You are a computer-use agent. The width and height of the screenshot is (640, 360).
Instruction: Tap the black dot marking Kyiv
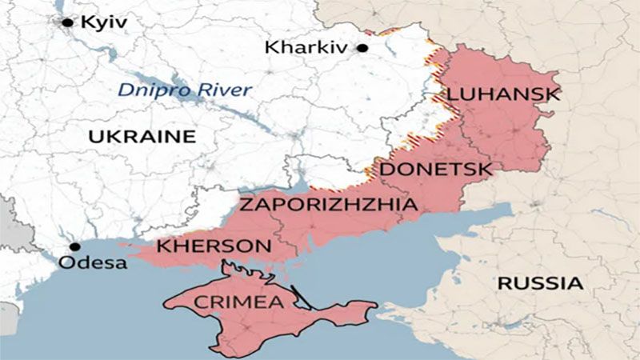[x=68, y=22]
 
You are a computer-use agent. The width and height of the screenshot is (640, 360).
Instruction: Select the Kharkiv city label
[x=308, y=48]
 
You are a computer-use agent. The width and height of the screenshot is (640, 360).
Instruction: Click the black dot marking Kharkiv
[x=362, y=48]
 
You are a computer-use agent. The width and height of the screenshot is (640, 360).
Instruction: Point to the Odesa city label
[x=94, y=262]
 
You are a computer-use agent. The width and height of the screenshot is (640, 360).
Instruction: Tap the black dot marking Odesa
[x=74, y=247]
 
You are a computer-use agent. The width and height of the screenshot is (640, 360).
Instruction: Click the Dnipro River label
[x=185, y=90]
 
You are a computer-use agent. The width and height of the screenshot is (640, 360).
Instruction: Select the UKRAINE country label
[x=142, y=136]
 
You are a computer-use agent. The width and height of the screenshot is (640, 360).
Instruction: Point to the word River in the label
[x=224, y=90]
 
